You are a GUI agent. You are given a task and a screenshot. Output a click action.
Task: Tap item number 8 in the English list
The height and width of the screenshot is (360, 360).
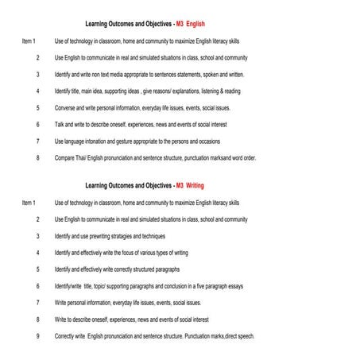tap(37, 157)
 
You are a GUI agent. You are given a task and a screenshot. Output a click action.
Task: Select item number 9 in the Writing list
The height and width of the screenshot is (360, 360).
tap(37, 336)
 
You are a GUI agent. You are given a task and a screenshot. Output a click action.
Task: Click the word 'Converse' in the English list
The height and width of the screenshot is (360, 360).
tap(66, 107)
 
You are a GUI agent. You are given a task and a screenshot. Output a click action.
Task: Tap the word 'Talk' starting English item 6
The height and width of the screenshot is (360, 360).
tap(60, 124)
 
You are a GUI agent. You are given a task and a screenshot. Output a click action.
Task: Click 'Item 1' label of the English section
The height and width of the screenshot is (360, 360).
tap(29, 41)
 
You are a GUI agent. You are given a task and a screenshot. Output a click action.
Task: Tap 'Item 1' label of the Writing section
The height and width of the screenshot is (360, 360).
tap(29, 203)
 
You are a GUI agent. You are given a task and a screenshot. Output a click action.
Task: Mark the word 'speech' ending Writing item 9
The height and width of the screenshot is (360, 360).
tap(245, 336)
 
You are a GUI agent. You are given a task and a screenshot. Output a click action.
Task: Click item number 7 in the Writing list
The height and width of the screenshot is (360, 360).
tap(37, 303)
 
